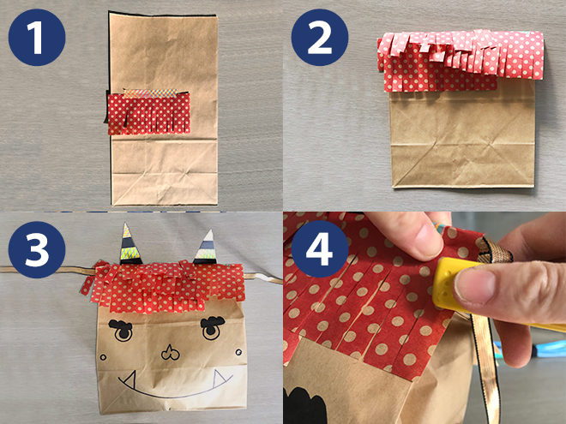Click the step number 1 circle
click(37, 37)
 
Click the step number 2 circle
click(320, 37)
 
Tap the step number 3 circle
click(37, 249)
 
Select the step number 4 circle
click(320, 249)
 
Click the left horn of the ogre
click(128, 244)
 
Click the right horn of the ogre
click(207, 248)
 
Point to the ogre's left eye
click(121, 330)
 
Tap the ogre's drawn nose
click(170, 353)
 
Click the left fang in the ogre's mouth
click(130, 379)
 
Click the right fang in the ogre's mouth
click(220, 377)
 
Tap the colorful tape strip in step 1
click(150, 93)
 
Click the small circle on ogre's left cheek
click(103, 358)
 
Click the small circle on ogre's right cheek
click(238, 352)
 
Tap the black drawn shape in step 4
click(305, 406)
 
